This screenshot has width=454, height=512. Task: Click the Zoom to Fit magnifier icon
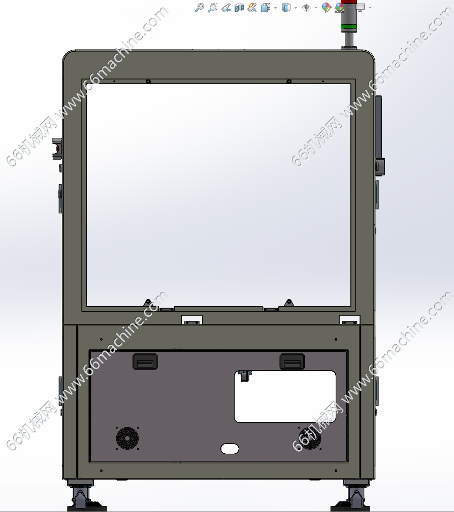click(199, 8)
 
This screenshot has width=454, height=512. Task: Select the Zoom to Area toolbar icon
click(213, 8)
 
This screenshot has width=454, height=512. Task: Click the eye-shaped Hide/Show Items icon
click(306, 7)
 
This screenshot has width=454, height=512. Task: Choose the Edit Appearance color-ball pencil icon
click(327, 8)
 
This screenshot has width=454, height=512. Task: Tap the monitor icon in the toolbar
click(361, 8)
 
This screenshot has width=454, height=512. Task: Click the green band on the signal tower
click(349, 26)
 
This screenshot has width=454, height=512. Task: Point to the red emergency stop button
click(58, 149)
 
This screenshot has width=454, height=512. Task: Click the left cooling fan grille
click(127, 438)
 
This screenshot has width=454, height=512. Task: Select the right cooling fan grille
click(310, 438)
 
